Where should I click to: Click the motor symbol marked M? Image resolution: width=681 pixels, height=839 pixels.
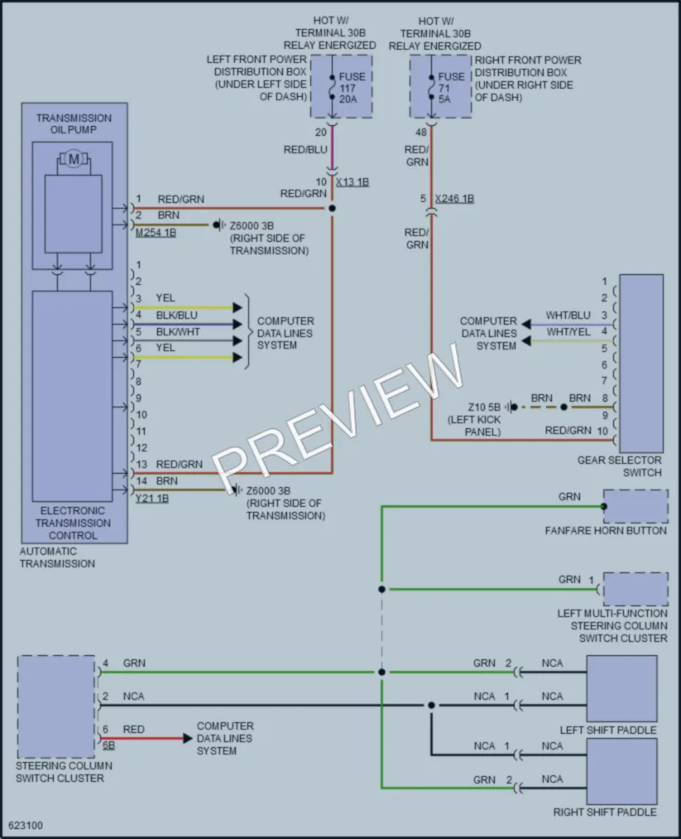(74, 158)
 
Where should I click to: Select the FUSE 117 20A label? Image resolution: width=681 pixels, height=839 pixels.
(351, 88)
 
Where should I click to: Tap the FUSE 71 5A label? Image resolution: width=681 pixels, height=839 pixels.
(451, 88)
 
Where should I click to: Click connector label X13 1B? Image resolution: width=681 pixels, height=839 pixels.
(352, 182)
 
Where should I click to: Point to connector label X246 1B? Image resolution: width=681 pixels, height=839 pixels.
(454, 199)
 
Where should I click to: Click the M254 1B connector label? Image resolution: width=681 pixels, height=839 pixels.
(156, 233)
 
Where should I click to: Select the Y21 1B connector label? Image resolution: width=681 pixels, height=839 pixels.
(151, 499)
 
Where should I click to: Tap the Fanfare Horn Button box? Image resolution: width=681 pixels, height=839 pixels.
(635, 506)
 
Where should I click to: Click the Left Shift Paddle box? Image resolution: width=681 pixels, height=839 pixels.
(621, 688)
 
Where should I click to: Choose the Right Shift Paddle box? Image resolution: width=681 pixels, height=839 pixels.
(621, 771)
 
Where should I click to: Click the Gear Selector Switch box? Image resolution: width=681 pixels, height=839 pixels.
(641, 364)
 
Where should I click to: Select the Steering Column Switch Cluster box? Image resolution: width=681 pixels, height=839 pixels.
(56, 706)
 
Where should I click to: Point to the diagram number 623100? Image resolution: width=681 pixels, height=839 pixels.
(26, 825)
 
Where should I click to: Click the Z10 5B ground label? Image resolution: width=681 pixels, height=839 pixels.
(484, 407)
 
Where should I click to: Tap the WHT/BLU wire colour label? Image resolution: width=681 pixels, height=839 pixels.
(568, 316)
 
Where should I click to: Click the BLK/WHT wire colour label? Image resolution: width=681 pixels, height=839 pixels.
(178, 332)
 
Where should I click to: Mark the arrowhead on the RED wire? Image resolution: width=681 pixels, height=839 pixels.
(188, 739)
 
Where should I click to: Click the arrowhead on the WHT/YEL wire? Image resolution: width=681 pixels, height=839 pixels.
(526, 341)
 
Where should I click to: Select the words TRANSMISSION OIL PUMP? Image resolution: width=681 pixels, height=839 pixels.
(74, 123)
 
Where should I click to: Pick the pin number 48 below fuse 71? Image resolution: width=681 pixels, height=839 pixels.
(421, 133)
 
